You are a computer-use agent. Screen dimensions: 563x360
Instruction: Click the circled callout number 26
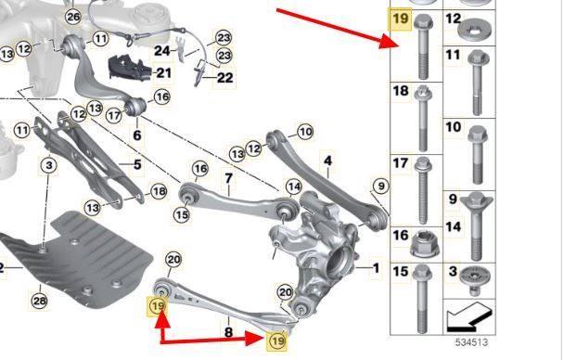[73, 17]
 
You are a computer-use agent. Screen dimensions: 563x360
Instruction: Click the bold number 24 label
[162, 50]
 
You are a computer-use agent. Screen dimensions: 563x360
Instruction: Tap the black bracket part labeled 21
[131, 67]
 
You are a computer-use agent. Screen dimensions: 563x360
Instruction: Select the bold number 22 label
[225, 77]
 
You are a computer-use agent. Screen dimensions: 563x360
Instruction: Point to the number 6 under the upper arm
[137, 135]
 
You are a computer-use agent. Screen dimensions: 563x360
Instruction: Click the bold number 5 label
[137, 164]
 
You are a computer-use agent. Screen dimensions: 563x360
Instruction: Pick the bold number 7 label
[229, 178]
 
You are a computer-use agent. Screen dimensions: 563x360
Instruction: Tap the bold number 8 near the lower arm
[228, 331]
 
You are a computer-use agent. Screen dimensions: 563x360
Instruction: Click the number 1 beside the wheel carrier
[376, 267]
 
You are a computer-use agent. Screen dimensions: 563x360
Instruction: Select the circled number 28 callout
[39, 301]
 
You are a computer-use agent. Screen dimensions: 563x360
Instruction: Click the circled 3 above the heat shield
[49, 166]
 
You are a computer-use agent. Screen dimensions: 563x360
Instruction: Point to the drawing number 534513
[471, 342]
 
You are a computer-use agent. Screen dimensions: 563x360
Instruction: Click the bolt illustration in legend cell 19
[423, 46]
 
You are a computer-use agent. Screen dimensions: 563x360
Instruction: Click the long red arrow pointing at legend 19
[339, 29]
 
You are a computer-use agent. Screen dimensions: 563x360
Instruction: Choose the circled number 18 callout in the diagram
[159, 191]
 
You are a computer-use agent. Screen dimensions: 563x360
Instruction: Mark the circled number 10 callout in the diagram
[305, 132]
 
